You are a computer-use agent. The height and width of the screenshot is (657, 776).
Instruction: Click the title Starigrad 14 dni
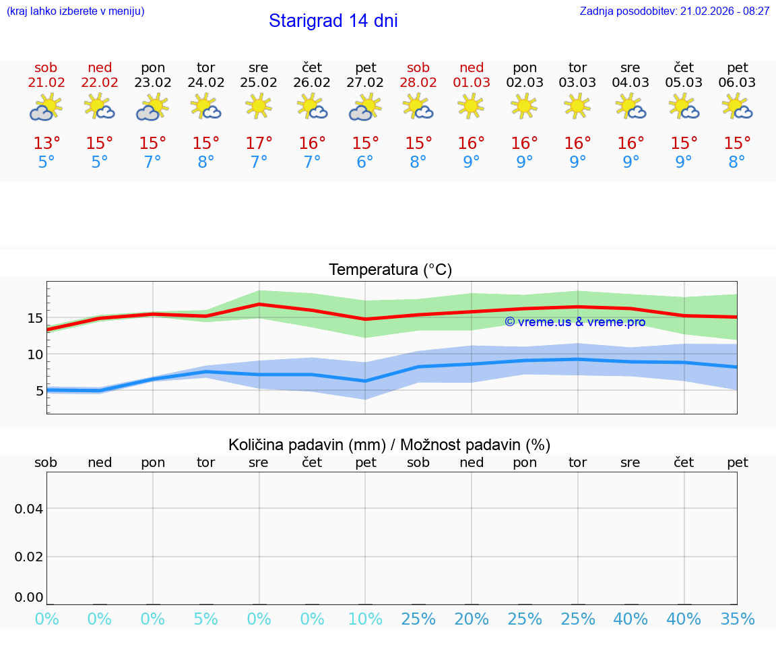coord(333,21)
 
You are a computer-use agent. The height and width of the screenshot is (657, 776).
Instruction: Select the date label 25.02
coord(259,83)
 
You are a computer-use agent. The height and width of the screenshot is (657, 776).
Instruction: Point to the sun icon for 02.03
coord(524,106)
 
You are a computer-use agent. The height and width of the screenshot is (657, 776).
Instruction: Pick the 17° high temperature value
coord(259,144)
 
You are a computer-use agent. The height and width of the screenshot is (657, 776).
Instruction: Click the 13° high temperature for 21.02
coord(46,144)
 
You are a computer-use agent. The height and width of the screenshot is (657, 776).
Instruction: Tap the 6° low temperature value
coord(365,162)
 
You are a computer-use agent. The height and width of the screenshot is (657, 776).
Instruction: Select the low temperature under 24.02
coord(205,162)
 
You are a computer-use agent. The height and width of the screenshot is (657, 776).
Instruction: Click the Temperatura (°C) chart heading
coord(390,270)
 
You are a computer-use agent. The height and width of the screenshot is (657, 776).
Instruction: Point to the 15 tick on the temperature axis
coord(35,318)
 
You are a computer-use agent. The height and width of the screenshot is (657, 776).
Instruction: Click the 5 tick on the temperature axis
coord(39,391)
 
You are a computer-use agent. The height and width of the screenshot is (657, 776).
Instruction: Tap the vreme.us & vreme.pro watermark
coord(575,322)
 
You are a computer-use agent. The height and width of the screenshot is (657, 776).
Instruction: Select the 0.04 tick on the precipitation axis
coord(29,509)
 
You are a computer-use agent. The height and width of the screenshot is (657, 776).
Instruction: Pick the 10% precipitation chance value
coord(365,619)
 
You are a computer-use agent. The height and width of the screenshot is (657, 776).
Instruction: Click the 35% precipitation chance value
coord(737,619)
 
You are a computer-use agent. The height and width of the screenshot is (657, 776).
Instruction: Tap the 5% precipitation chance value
coord(205,619)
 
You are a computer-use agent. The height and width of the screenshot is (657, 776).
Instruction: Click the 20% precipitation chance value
coord(472,619)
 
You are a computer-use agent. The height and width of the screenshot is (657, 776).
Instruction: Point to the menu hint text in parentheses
coord(75,11)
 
